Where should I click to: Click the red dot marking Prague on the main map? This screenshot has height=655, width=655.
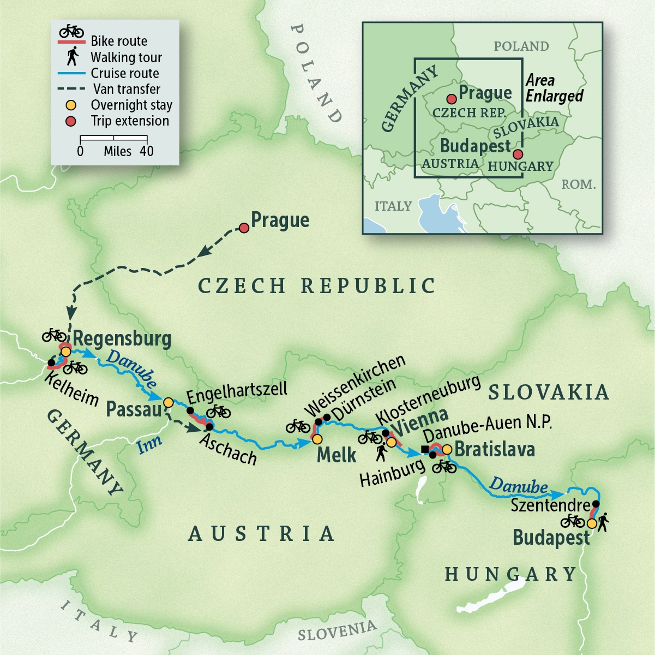coord(244,228)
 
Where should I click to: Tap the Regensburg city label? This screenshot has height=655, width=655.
coord(122,339)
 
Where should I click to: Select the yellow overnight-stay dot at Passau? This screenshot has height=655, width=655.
coord(169,402)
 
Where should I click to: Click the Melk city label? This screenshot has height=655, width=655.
coord(336,455)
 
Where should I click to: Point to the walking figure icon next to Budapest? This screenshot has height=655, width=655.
coord(603,522)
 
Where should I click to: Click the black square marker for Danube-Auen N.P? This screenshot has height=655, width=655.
coord(425,449)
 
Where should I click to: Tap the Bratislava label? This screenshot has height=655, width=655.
coord(495,449)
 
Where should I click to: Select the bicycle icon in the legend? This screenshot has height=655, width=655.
coord(71,31)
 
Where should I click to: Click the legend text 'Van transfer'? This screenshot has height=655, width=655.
coord(127,89)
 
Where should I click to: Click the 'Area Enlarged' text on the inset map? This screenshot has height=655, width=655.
coord(554,88)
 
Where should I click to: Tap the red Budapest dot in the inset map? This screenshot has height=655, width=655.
coord(518,154)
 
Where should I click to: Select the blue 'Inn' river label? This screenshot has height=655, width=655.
coord(149,444)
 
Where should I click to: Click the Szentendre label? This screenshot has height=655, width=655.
coord(550,505)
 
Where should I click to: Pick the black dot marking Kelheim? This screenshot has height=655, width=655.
coord(52,362)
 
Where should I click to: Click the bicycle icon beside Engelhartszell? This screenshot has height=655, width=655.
coord(218,411)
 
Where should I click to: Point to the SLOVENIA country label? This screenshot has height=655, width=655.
coord(336,630)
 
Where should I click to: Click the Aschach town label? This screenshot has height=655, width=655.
coord(229,449)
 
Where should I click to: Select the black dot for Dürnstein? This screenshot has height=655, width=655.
coord(327,418)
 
